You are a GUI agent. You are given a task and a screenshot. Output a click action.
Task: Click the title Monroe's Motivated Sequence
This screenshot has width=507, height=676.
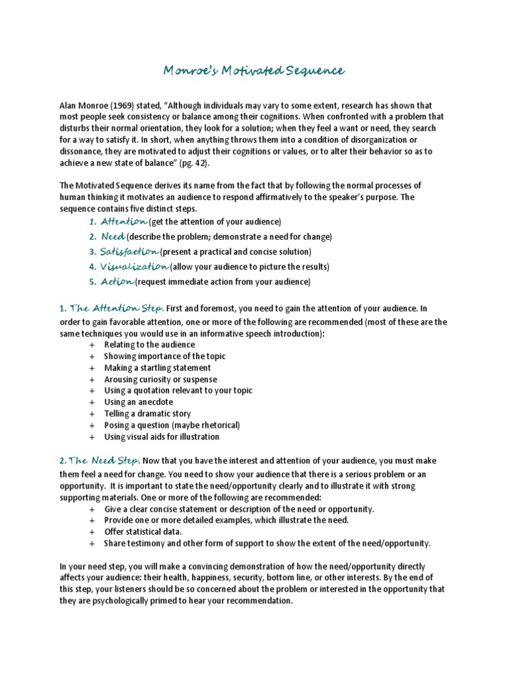253,71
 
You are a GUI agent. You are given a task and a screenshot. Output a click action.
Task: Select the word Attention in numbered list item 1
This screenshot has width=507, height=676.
123,220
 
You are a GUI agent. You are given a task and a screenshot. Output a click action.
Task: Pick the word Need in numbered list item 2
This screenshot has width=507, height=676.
112,236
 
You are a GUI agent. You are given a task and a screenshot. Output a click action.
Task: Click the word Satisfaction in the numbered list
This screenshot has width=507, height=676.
129,252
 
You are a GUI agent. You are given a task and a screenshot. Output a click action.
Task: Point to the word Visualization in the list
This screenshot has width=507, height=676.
134,267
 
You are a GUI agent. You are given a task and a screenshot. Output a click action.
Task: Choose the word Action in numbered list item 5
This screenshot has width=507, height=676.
117,282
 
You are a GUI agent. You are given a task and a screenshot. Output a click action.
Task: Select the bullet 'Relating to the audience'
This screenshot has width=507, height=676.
149,345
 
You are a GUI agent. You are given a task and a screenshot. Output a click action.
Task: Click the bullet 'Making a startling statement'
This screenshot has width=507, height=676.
157,368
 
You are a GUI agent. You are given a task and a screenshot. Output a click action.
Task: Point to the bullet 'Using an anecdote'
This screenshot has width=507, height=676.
139,402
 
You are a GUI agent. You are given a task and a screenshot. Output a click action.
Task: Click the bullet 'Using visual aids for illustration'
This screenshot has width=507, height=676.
162,437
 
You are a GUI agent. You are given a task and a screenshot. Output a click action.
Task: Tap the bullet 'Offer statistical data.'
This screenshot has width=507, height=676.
143,532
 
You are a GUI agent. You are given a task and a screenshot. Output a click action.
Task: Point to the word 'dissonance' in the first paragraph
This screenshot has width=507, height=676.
81,152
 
